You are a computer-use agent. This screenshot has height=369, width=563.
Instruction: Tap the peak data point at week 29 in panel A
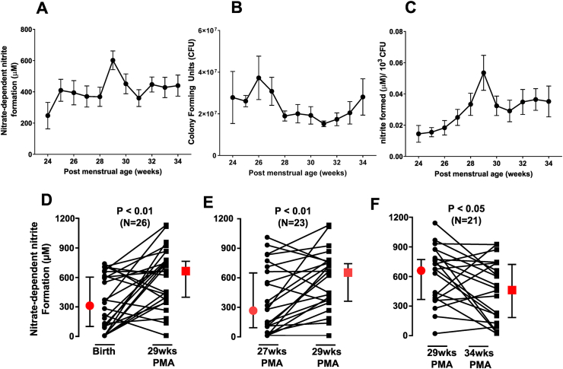coord(113,61)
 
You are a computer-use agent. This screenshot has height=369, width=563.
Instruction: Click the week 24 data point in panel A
coord(48,116)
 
